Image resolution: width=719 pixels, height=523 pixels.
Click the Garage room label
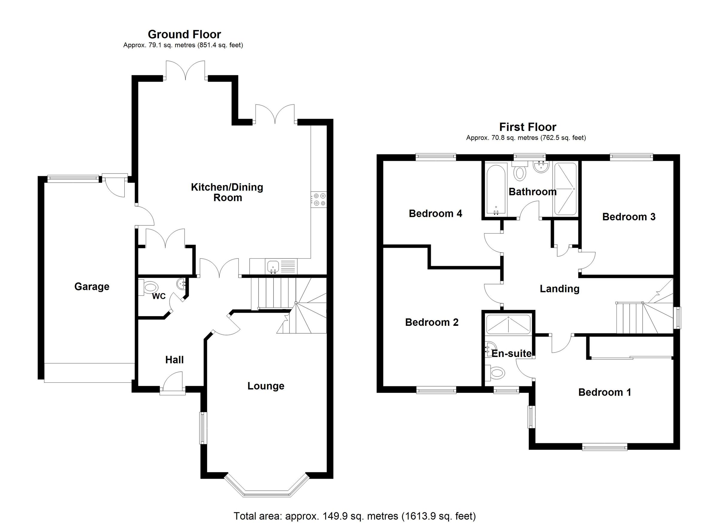coord(92,287)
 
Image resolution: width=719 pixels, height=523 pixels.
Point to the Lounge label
coord(266,386)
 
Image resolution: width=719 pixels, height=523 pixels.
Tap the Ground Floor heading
coord(184,34)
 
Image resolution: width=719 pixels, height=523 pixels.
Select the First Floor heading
coord(528,127)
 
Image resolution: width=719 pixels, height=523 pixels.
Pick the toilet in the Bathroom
coord(519,171)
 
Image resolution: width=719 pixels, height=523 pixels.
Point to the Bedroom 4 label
coord(435,213)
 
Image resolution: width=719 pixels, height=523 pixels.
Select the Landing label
coord(560,289)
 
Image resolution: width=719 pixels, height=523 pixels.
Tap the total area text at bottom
coord(355,516)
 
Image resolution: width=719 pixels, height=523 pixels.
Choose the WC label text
coord(159,296)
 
